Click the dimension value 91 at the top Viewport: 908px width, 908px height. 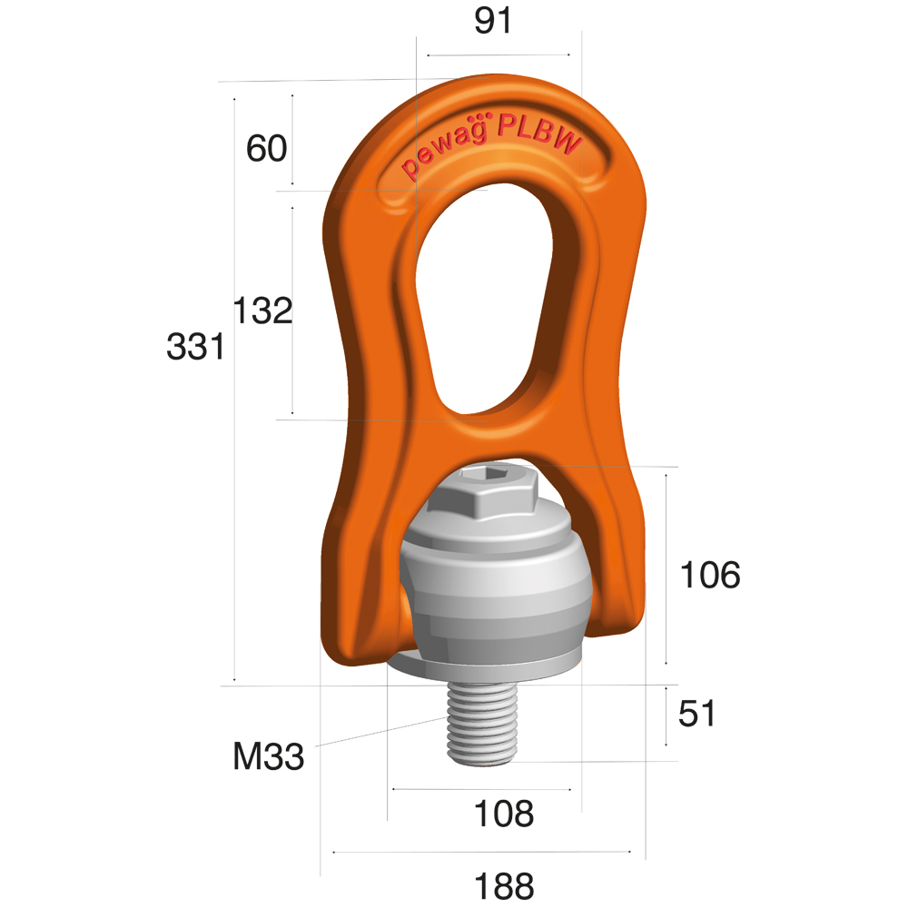pyautogui.click(x=494, y=20)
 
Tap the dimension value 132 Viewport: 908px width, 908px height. pyautogui.click(x=262, y=311)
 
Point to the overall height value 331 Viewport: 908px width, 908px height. pyautogui.click(x=195, y=347)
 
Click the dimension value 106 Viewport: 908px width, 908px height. pyautogui.click(x=710, y=575)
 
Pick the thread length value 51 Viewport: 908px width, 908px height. pyautogui.click(x=697, y=714)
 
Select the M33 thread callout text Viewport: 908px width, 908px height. pyautogui.click(x=268, y=755)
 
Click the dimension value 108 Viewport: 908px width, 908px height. pyautogui.click(x=504, y=814)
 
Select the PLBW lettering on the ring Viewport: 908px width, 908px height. pyautogui.click(x=542, y=133)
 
